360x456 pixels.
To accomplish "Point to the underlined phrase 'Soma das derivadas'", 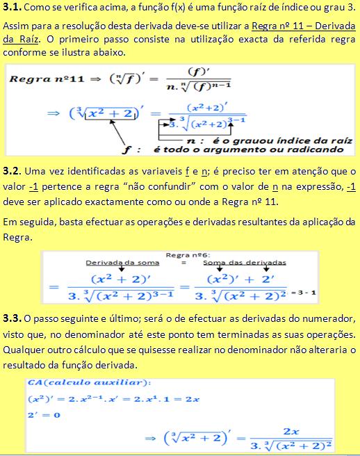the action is pyautogui.click(x=244, y=263).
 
